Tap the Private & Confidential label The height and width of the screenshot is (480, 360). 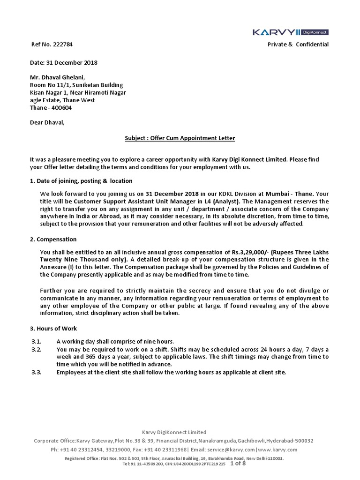click(x=298, y=45)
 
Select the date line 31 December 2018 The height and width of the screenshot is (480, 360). click(x=64, y=63)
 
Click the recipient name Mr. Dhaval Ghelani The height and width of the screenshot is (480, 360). click(x=58, y=78)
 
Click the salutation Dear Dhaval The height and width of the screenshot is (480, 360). click(x=48, y=123)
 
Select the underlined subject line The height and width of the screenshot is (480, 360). click(x=180, y=138)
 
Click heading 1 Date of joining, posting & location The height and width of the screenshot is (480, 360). click(x=81, y=181)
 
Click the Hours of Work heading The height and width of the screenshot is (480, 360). click(x=53, y=329)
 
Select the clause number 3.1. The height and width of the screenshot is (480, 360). click(x=37, y=341)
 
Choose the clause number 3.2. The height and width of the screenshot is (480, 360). click(x=37, y=349)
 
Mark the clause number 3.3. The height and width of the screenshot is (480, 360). click(x=37, y=372)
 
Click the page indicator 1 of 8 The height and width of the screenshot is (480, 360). click(x=238, y=463)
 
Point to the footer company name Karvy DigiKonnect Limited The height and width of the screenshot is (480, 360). click(x=174, y=432)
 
